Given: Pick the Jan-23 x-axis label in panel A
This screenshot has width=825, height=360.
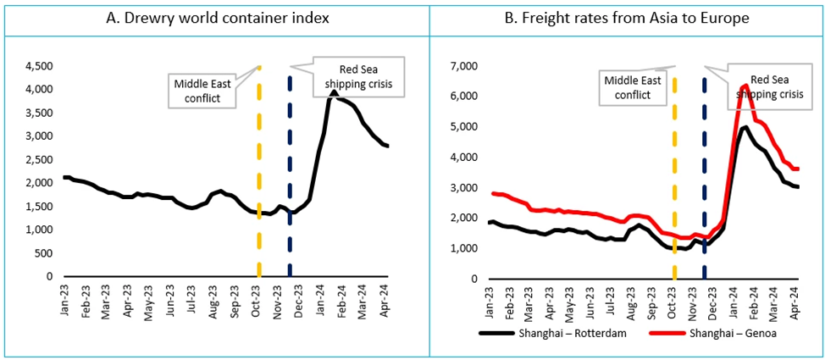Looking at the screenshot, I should [x=67, y=302].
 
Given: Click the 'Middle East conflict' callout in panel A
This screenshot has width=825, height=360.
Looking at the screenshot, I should [x=200, y=90].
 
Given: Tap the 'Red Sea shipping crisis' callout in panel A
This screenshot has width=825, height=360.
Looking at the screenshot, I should [x=356, y=75].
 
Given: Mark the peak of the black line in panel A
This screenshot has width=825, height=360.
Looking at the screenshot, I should [x=335, y=91].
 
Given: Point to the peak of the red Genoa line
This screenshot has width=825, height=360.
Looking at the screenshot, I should [x=745, y=86].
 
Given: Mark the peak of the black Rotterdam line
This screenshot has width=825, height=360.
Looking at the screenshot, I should [x=745, y=127].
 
